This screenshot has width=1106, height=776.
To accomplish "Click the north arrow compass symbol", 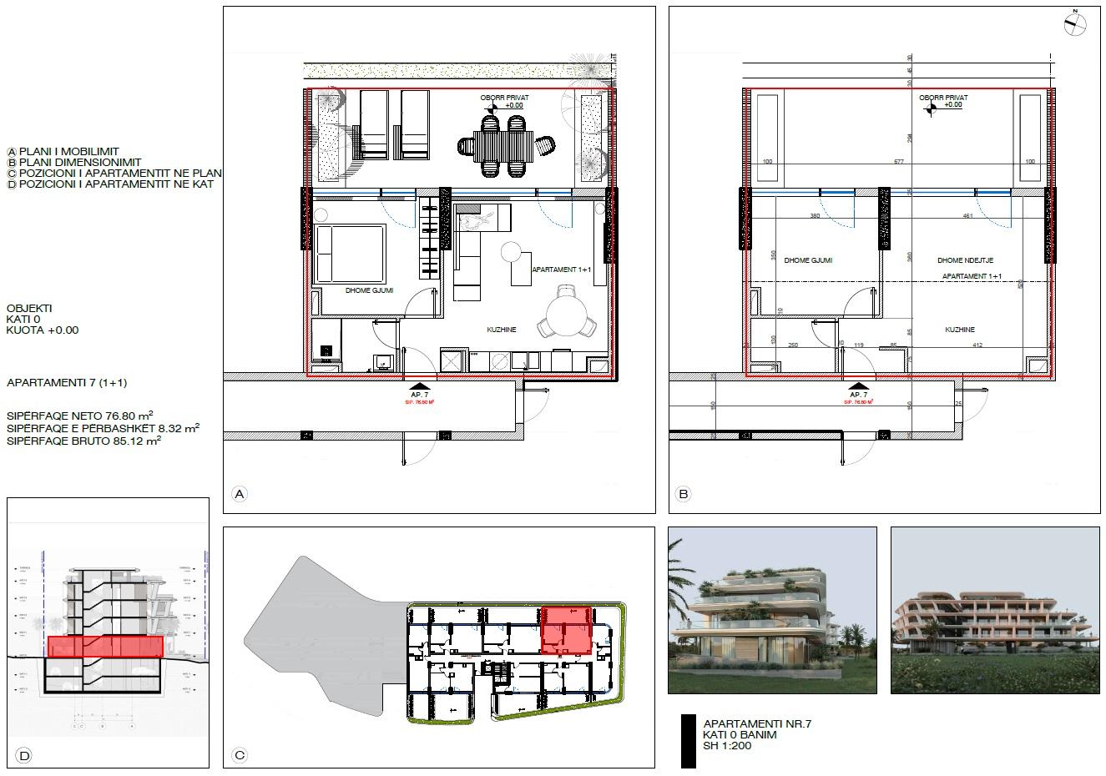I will pyautogui.click(x=1076, y=23).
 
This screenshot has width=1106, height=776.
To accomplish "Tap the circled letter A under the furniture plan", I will pyautogui.click(x=240, y=494).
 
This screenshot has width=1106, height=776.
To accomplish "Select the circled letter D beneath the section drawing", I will pyautogui.click(x=23, y=756).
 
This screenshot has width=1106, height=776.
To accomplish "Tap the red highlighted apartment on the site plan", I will pyautogui.click(x=567, y=631).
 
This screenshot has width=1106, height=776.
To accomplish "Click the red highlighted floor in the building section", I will pyautogui.click(x=105, y=647).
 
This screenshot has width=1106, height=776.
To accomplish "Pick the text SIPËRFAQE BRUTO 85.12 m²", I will pyautogui.click(x=83, y=441).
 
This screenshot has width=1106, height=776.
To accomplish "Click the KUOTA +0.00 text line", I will pyautogui.click(x=43, y=330).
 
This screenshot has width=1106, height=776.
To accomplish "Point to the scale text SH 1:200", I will pyautogui.click(x=727, y=746).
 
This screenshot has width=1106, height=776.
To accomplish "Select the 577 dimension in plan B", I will pyautogui.click(x=899, y=162).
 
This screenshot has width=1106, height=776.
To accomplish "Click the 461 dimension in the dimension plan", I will pyautogui.click(x=967, y=216).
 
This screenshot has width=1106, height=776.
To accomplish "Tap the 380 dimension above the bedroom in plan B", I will pyautogui.click(x=815, y=216).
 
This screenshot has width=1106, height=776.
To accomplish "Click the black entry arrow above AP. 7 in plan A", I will pyautogui.click(x=415, y=386).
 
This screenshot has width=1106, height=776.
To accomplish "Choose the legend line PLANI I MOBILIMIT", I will pyautogui.click(x=74, y=152).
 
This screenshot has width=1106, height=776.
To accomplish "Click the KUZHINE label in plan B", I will pyautogui.click(x=960, y=330).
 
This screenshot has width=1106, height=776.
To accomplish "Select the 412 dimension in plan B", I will pyautogui.click(x=977, y=345).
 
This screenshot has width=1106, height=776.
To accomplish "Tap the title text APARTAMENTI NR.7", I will pyautogui.click(x=757, y=724).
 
